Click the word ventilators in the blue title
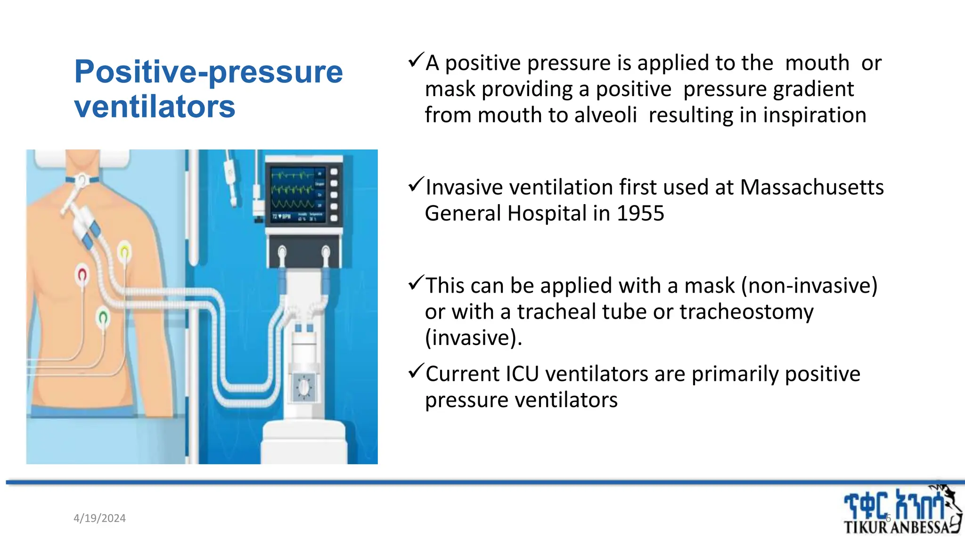[155, 107]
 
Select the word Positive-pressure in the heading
[208, 72]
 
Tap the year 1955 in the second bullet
[640, 214]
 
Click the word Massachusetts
[812, 187]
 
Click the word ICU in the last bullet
[522, 374]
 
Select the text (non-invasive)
[809, 286]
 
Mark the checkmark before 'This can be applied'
[416, 283]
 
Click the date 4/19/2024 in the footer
[99, 518]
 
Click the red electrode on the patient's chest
[82, 274]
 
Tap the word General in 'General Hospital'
[463, 214]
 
